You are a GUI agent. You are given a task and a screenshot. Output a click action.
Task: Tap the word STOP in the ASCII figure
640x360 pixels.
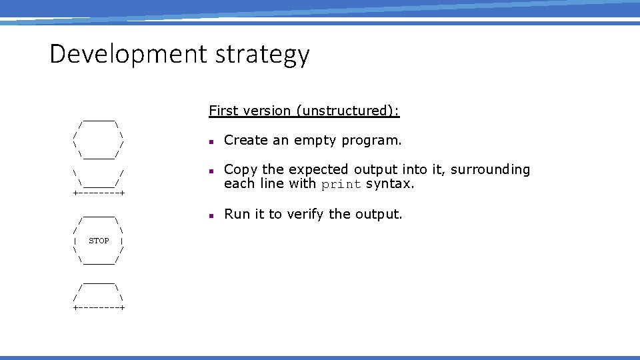[99, 241]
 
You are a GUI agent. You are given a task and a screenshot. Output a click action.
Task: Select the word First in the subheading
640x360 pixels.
[223, 111]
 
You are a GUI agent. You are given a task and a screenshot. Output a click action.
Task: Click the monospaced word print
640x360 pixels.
[341, 185]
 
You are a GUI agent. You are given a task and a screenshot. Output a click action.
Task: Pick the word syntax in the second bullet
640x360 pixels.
[390, 184]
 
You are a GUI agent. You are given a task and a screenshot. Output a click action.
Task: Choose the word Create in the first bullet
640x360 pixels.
[244, 140]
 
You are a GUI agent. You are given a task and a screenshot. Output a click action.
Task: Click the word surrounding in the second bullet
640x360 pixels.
[491, 170]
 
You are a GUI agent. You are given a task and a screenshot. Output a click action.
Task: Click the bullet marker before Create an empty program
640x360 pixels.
[210, 142]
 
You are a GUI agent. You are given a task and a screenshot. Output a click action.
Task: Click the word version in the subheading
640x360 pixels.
[268, 111]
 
